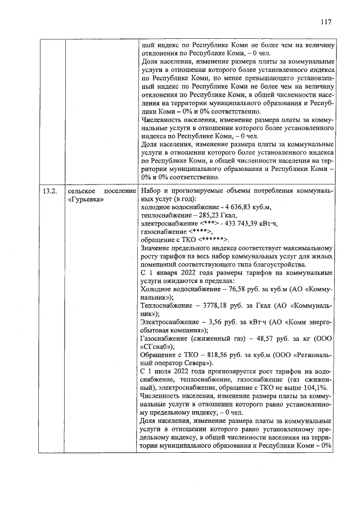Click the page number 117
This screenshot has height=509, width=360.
pyautogui.click(x=325, y=22)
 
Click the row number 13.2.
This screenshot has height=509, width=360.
pyautogui.click(x=51, y=191)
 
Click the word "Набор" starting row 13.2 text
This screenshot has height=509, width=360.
pyautogui.click(x=152, y=191)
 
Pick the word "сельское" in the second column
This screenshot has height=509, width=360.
pyautogui.click(x=83, y=191)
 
